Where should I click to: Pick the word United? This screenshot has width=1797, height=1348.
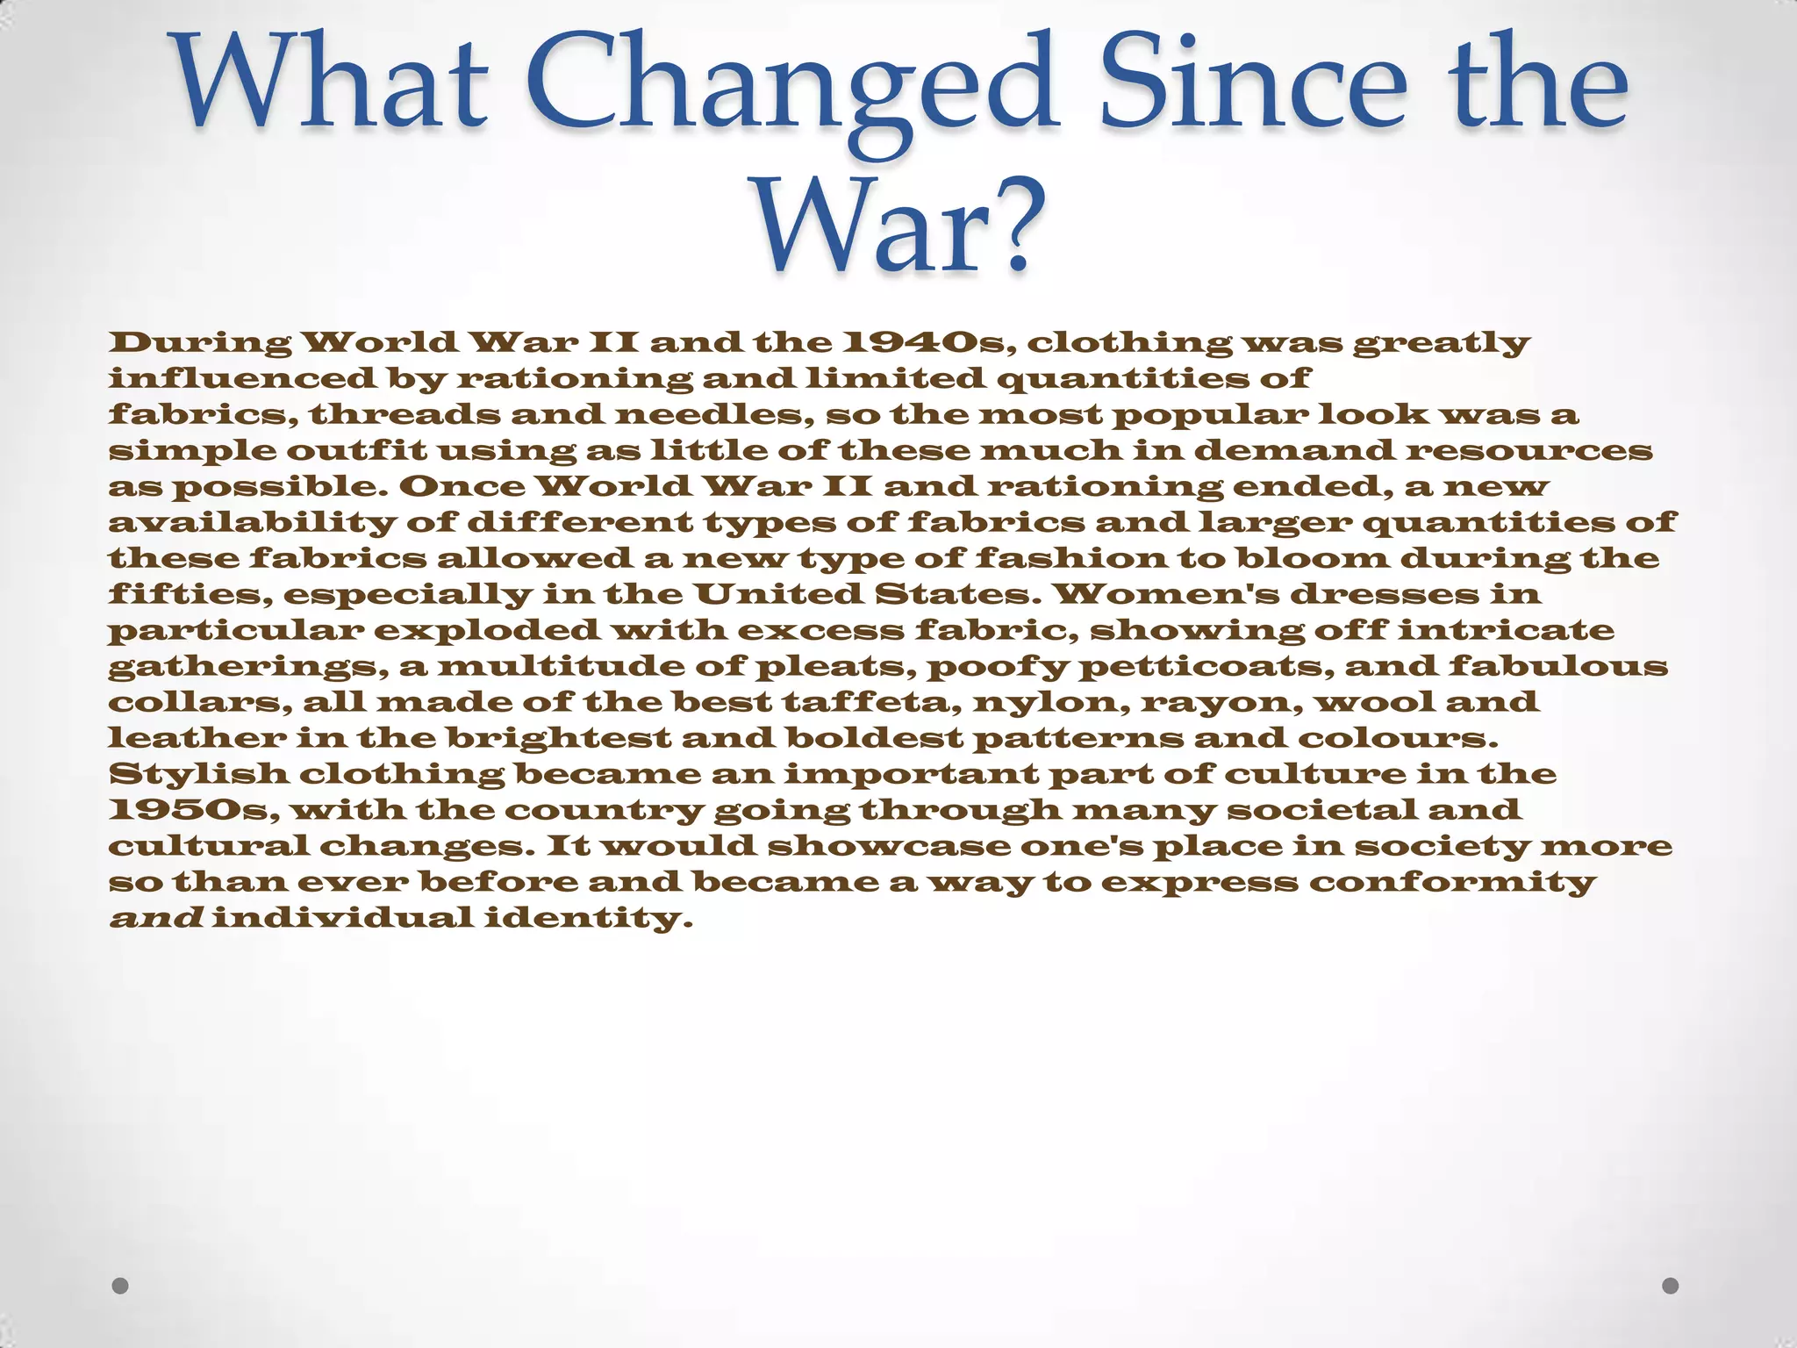(x=778, y=594)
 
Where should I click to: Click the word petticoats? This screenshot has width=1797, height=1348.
(x=1206, y=666)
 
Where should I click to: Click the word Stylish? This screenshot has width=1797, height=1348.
(x=198, y=774)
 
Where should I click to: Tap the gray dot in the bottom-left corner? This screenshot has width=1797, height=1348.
(x=121, y=1286)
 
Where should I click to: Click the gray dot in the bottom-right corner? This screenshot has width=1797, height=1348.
(x=1671, y=1286)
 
